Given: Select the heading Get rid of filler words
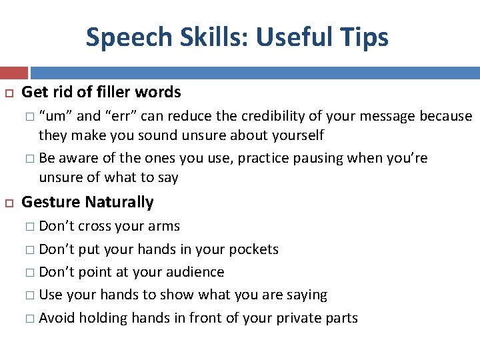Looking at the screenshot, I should coord(101,92).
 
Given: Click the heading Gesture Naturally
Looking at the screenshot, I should coord(87,202).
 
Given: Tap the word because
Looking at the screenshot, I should coord(445,116).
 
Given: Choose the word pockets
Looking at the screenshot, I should coord(253,250).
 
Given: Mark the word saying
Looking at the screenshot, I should coord(305,295).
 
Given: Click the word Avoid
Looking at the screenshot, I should coord(57,318).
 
